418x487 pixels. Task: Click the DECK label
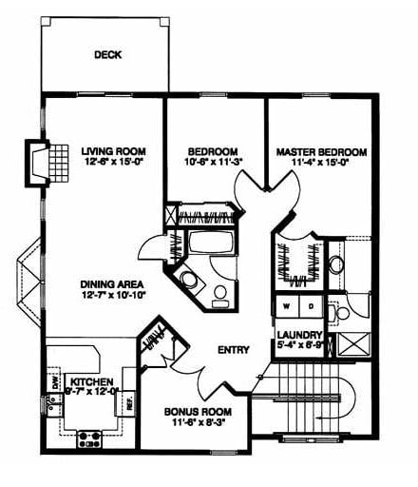[x=107, y=55]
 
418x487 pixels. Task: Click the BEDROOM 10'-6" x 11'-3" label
[x=211, y=151]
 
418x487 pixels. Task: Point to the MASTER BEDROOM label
[x=321, y=151]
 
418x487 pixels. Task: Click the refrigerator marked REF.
[x=125, y=401]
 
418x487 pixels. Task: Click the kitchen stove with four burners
[x=89, y=438]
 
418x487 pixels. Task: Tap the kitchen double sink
[x=54, y=414]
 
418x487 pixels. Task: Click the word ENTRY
[x=233, y=350]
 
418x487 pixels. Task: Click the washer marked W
[x=285, y=307]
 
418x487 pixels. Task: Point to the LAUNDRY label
[x=298, y=335]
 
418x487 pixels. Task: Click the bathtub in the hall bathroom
[x=212, y=240]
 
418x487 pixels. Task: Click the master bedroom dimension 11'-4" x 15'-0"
[x=321, y=163]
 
